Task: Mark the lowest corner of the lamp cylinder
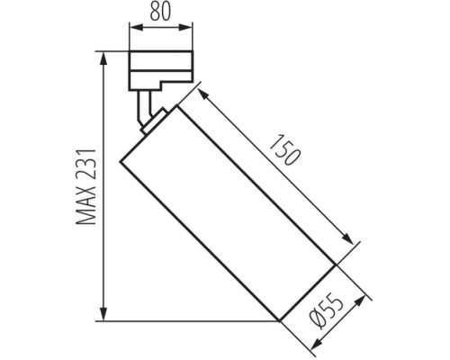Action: (x=280, y=321)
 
